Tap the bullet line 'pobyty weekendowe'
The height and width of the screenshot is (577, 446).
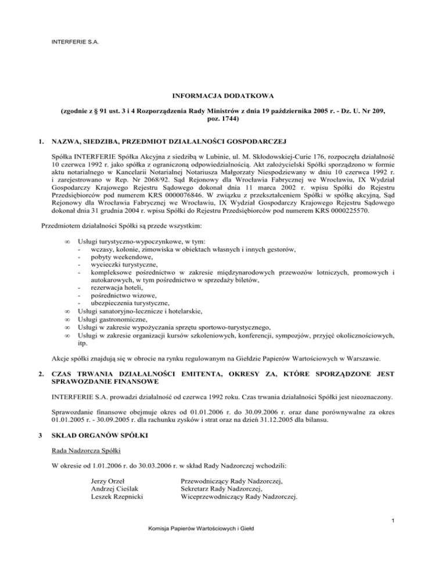click(118, 257)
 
